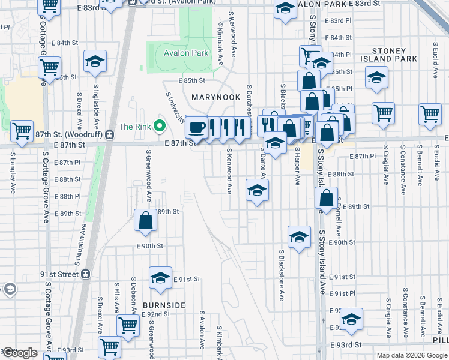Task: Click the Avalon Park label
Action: (x=186, y=53)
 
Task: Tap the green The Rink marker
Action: (x=159, y=127)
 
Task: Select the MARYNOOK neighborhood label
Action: (x=215, y=97)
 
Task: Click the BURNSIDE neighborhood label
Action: (x=164, y=305)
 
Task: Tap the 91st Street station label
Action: (x=59, y=274)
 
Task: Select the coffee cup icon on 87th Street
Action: (x=196, y=127)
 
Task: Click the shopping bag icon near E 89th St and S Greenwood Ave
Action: (x=146, y=220)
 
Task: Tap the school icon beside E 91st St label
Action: (x=160, y=278)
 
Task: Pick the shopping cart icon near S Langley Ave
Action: (x=22, y=130)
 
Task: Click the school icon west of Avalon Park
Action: (x=95, y=62)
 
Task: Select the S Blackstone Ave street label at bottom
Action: (x=281, y=276)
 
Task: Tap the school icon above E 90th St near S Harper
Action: (x=298, y=237)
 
